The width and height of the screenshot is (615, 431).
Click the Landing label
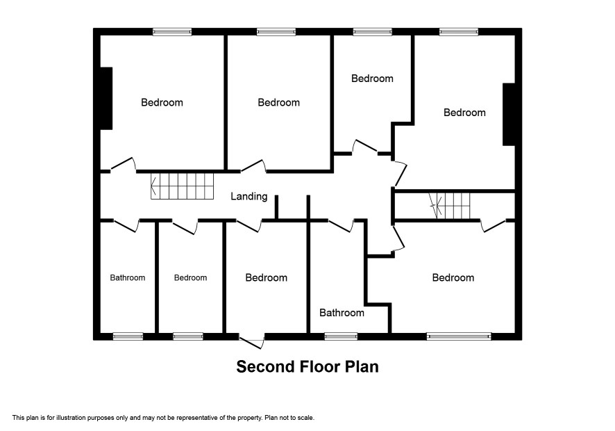click(x=248, y=196)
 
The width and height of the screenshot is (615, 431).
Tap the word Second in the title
click(x=265, y=366)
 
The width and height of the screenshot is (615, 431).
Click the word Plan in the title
click(x=362, y=366)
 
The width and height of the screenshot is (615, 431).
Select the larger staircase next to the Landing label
click(x=183, y=186)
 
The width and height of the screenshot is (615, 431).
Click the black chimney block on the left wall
click(x=107, y=98)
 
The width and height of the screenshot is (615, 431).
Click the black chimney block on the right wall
click(x=509, y=114)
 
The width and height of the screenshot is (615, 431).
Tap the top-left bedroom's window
click(x=172, y=32)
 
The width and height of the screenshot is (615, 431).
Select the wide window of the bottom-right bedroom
click(x=459, y=336)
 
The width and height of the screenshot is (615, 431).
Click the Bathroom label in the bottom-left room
click(x=128, y=278)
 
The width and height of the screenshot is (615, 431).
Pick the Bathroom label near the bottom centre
click(x=342, y=313)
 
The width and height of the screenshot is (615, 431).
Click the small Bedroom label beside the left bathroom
click(x=190, y=278)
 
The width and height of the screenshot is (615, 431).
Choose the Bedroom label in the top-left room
click(x=162, y=103)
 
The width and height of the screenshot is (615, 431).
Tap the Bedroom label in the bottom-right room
click(x=453, y=278)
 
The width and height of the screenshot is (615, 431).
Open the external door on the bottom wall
click(x=251, y=341)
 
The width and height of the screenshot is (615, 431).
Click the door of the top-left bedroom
click(x=124, y=165)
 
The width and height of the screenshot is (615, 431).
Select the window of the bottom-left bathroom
click(x=128, y=336)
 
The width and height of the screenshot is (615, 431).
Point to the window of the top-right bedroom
click(x=459, y=32)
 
